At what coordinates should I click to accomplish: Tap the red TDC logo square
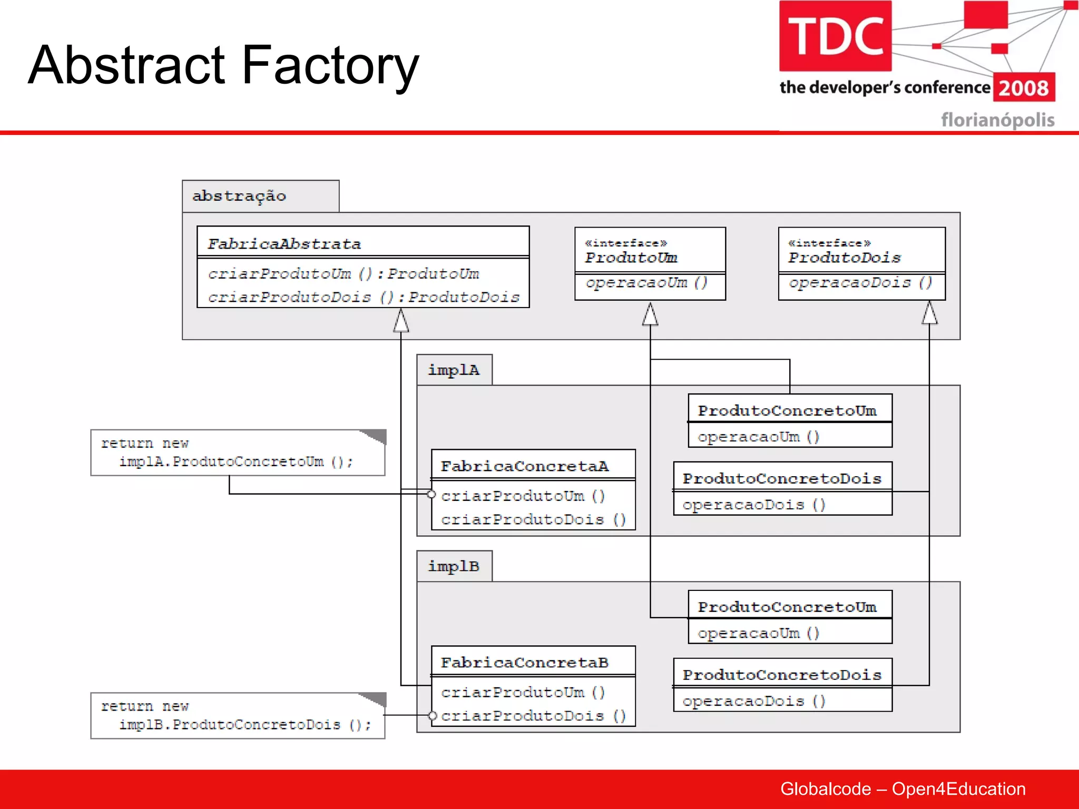[x=835, y=36]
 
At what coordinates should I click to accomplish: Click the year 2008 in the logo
[x=1024, y=88]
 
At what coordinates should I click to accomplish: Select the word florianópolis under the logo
[x=997, y=120]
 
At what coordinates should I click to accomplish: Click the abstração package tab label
[x=239, y=196]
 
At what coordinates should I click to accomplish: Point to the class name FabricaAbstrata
[x=284, y=244]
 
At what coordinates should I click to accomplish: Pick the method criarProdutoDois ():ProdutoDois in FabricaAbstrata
[x=364, y=298]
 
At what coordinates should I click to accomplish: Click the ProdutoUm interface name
[x=631, y=258]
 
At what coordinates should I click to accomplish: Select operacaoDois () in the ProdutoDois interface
[x=860, y=283]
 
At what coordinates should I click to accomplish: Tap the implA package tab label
[x=454, y=370]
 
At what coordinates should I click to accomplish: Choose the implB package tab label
[x=454, y=566]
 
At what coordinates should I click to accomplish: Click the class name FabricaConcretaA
[x=524, y=466]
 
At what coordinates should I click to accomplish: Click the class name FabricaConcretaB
[x=524, y=663]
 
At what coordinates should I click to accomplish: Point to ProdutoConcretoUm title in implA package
[x=787, y=411]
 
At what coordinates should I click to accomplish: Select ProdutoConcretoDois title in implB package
[x=782, y=675]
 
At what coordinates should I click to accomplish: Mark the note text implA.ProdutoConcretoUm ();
[x=236, y=462]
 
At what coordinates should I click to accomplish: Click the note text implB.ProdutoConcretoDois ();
[x=245, y=725]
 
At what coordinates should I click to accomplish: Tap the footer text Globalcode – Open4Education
[x=903, y=789]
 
